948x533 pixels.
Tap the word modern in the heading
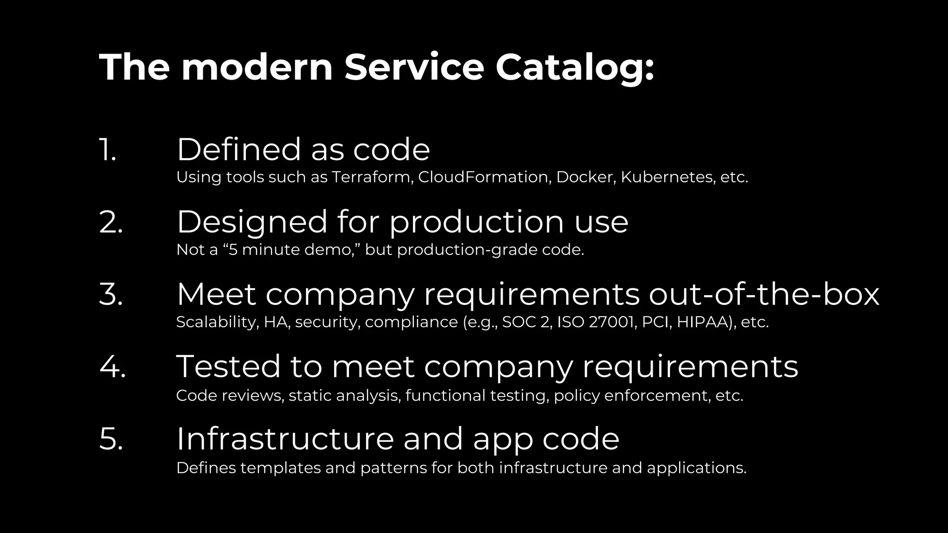tap(257, 68)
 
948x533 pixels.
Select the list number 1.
tap(107, 150)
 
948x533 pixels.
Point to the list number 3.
tap(111, 294)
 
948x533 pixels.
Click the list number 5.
tap(111, 439)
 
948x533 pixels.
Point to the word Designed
tap(252, 222)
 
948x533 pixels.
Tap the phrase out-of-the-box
tap(764, 294)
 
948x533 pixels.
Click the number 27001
tap(611, 322)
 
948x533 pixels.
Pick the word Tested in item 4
tap(228, 366)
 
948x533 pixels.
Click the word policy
tap(576, 396)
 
